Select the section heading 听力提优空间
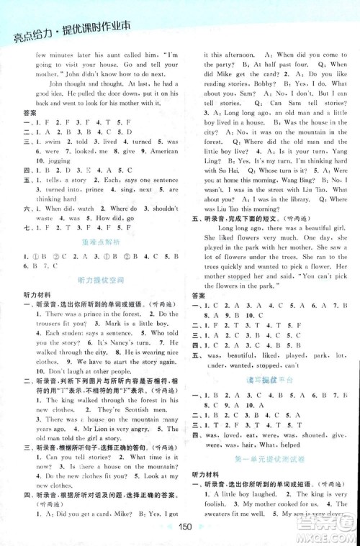click(95, 279)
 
